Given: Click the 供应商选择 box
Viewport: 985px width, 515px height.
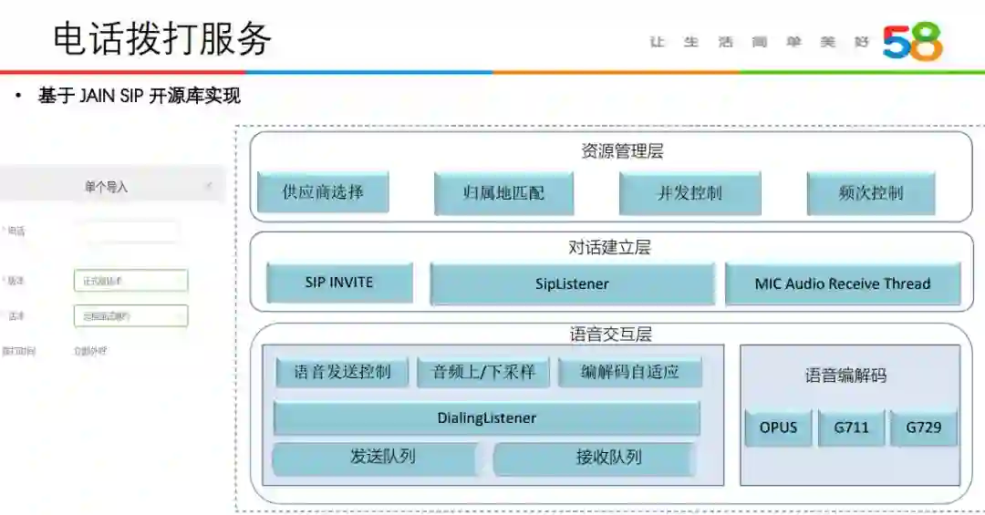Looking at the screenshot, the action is [323, 192].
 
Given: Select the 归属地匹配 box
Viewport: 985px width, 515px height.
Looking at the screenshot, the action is [503, 193].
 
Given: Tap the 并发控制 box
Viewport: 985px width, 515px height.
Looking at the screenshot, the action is [689, 193].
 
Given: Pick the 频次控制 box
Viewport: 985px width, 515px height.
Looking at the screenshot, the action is [871, 193].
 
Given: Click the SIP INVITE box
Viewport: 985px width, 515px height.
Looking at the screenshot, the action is [339, 283].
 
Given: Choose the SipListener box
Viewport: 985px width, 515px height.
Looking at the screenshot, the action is [572, 283].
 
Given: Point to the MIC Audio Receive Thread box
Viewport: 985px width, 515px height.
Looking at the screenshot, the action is [843, 283].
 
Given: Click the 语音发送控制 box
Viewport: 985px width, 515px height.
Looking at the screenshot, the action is [342, 372].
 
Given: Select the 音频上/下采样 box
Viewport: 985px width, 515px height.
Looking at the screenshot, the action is [482, 372].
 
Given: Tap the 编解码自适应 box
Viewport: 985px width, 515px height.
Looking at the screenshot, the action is [630, 372].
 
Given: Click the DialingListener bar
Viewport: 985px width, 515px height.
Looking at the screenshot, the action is [486, 418].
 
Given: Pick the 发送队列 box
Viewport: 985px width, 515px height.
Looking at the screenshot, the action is [375, 458].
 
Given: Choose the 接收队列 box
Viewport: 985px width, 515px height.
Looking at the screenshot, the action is [595, 458].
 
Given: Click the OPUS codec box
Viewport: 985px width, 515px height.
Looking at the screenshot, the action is [778, 427].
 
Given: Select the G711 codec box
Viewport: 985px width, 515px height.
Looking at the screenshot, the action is [850, 427].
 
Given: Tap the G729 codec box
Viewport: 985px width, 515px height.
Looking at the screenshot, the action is [923, 427].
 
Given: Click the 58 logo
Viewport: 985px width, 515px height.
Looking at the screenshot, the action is [912, 42].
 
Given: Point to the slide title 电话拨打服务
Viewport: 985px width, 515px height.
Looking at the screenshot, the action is [162, 38].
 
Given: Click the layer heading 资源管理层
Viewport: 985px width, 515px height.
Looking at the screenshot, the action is [622, 151].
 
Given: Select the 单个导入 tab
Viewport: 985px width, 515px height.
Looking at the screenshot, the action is [106, 187].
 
